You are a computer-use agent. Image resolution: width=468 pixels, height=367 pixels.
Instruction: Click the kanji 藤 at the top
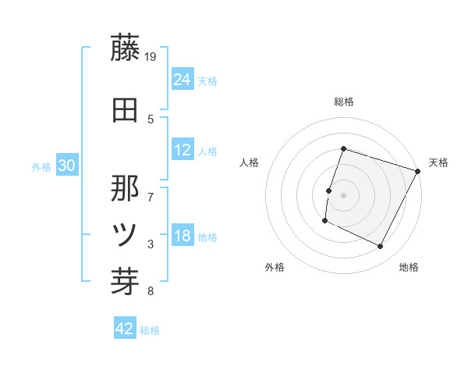[x=125, y=48]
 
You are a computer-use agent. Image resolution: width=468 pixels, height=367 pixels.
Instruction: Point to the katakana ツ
[x=125, y=233]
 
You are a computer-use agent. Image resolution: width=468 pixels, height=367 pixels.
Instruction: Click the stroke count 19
[x=151, y=56]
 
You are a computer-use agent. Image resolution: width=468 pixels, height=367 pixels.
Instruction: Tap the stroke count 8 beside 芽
[x=151, y=291]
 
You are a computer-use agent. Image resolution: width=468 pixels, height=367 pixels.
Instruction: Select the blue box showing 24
[x=183, y=79]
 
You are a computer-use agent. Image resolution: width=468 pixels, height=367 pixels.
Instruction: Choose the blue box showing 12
[x=183, y=150]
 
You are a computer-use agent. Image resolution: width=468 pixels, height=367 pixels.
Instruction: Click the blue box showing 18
[x=183, y=236]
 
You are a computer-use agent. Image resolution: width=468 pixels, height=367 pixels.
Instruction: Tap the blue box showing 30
[x=66, y=166]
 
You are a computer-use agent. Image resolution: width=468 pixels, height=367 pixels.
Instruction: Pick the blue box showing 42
[x=125, y=329]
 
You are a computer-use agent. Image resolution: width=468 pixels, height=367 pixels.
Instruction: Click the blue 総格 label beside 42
[x=150, y=330]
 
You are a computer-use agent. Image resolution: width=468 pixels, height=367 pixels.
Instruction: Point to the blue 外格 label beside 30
[x=41, y=166]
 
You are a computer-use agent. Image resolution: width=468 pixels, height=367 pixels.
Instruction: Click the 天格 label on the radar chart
[x=438, y=162]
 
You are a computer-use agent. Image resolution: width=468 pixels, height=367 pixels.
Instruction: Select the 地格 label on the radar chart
[x=409, y=267]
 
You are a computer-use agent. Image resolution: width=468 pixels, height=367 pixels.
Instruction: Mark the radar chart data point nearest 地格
[x=381, y=247]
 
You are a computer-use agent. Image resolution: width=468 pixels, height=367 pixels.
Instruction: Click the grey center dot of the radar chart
[x=343, y=195]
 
